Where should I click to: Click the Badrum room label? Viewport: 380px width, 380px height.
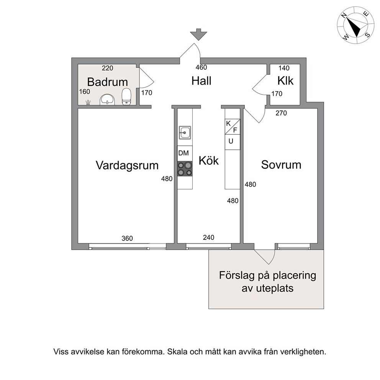(x=107, y=82)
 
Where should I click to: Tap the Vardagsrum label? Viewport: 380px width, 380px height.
(x=127, y=165)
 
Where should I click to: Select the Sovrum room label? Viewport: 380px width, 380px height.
(x=281, y=165)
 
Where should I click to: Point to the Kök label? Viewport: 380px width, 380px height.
(x=209, y=160)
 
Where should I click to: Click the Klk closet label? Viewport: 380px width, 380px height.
(x=285, y=81)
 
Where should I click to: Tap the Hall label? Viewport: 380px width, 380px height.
(x=201, y=81)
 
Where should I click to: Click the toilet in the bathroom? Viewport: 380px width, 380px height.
(x=126, y=97)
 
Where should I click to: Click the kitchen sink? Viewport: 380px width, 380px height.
(x=185, y=133)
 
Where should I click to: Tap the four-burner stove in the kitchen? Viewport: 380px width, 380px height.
(x=185, y=169)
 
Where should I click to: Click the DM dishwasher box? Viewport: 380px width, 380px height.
(x=185, y=153)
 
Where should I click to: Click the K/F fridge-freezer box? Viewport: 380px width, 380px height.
(x=233, y=127)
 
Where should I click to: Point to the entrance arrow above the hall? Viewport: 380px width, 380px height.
(x=198, y=34)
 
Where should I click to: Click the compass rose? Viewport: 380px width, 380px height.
(x=355, y=25)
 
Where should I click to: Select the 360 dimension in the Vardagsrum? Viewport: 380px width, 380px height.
(x=127, y=239)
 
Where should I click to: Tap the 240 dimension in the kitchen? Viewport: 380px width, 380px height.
(x=209, y=237)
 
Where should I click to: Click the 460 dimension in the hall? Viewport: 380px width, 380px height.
(x=201, y=67)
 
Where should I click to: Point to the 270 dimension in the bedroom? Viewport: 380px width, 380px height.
(x=281, y=113)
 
